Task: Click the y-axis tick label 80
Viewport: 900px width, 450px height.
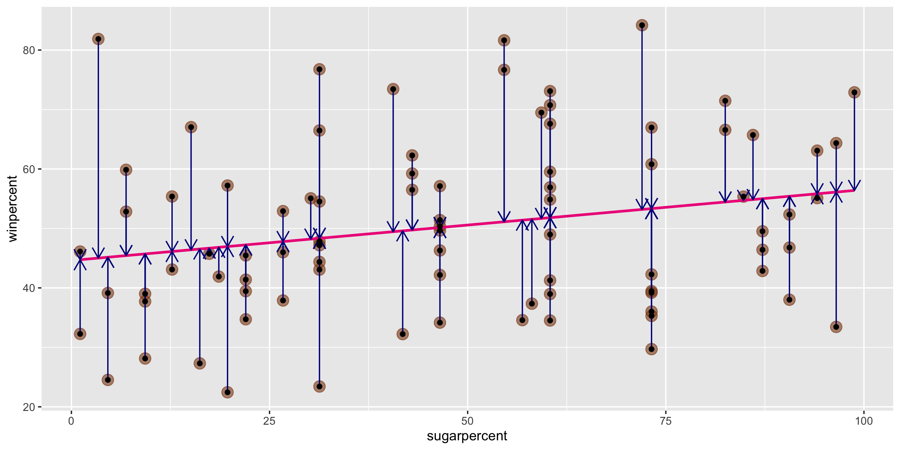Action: (x=29, y=50)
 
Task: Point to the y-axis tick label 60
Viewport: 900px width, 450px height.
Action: (x=29, y=169)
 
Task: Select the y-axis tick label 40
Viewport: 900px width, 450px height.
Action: (x=29, y=288)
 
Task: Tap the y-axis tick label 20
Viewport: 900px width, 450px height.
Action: (x=29, y=407)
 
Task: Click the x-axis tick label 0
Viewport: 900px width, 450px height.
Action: (x=71, y=421)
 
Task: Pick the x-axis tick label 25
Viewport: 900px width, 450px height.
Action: (x=269, y=421)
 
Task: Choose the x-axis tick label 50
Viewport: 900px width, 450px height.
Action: (x=467, y=421)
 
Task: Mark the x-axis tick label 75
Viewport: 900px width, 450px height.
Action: (x=666, y=421)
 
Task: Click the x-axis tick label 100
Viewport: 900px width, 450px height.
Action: (x=864, y=421)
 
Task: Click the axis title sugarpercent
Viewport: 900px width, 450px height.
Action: (x=467, y=436)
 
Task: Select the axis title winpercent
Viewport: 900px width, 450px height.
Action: (x=12, y=208)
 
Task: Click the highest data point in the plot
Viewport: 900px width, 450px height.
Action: (x=642, y=25)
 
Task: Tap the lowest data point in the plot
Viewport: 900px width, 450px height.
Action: (x=227, y=392)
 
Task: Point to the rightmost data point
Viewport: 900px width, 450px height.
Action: (x=854, y=92)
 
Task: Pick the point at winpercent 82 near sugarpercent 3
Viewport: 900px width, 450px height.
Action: (x=98, y=39)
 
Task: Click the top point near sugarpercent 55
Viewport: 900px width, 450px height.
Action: (x=504, y=41)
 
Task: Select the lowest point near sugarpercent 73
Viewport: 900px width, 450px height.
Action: (x=651, y=349)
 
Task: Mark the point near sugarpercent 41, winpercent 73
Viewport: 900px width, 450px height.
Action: (x=393, y=89)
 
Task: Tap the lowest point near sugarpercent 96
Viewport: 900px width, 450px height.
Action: (x=836, y=327)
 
